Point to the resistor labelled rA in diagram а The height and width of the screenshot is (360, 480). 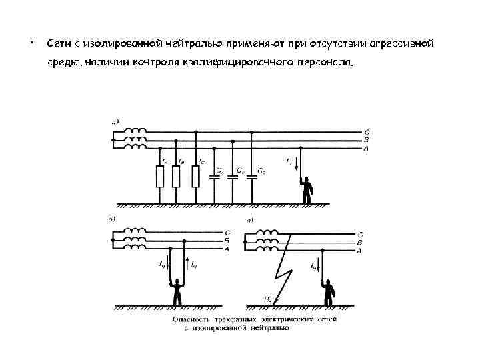click(x=160, y=177)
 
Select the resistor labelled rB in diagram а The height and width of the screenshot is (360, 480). click(x=176, y=177)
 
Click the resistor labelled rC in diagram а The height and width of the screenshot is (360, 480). click(x=195, y=177)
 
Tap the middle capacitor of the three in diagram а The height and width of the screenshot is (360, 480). click(x=233, y=178)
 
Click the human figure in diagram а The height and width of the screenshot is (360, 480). click(x=307, y=189)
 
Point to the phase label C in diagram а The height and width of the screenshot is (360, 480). click(x=366, y=133)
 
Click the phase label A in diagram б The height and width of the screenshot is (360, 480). click(x=227, y=249)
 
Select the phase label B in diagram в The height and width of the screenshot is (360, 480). click(x=360, y=243)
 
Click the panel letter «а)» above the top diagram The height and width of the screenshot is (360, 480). click(x=115, y=121)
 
